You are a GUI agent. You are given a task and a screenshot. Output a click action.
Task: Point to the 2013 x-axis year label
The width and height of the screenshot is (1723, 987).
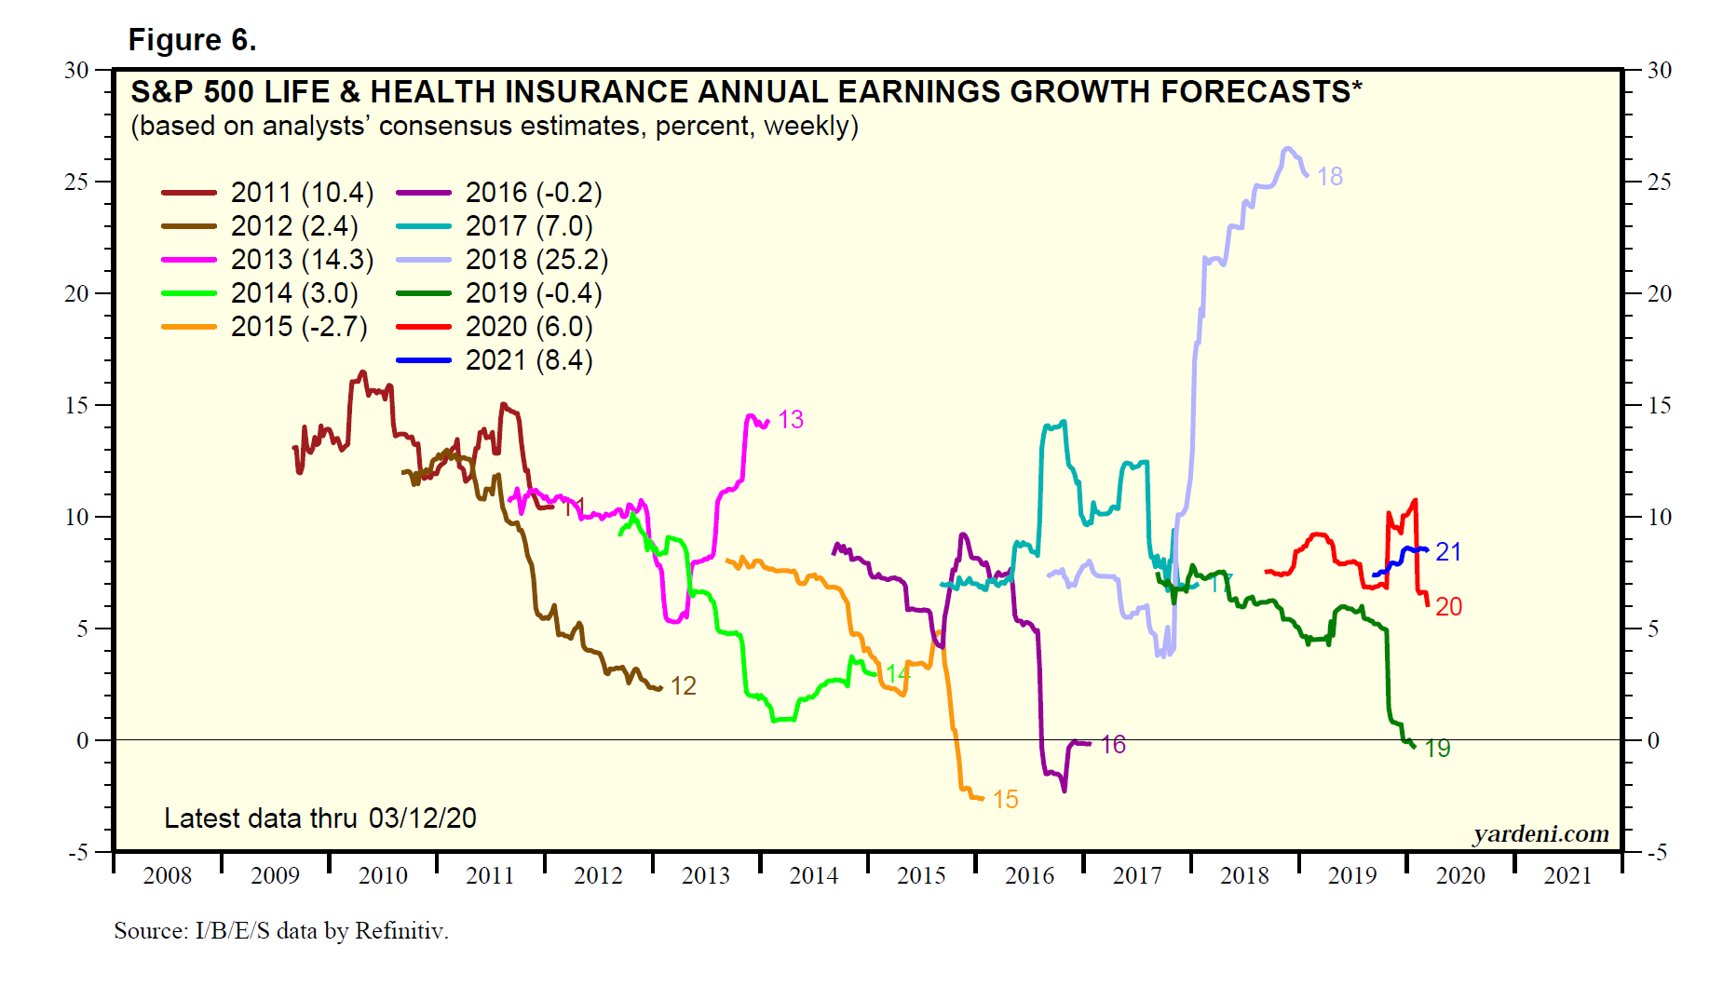[x=706, y=875]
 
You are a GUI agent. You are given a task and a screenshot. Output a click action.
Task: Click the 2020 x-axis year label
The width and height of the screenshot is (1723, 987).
[x=1460, y=875]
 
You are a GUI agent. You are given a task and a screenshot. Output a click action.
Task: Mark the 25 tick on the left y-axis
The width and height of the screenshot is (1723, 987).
[x=76, y=182]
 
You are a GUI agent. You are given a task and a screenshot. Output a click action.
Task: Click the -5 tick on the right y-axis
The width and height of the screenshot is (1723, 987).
[x=1658, y=852]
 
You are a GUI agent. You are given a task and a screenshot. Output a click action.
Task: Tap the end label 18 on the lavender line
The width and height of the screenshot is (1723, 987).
[x=1330, y=177]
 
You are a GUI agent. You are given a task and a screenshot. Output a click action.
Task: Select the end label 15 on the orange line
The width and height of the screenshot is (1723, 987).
[x=1005, y=800]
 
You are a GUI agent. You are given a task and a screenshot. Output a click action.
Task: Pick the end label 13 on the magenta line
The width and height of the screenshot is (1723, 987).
[x=791, y=420]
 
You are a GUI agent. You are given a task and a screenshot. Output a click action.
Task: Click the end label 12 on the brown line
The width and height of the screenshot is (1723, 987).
[x=684, y=686]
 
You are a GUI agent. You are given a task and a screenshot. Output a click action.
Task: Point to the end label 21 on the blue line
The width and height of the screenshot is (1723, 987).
[x=1448, y=552]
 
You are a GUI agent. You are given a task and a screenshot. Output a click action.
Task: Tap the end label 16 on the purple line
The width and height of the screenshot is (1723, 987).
[x=1113, y=745]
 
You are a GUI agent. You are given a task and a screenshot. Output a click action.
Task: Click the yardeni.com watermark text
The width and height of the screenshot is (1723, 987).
[x=1540, y=833]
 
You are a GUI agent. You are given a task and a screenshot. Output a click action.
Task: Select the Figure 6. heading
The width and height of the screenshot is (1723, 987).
[x=192, y=40]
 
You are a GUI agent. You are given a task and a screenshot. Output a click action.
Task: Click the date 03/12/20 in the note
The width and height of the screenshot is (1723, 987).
[x=422, y=818]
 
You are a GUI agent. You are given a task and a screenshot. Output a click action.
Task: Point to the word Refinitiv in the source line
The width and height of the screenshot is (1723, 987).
[x=401, y=930]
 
